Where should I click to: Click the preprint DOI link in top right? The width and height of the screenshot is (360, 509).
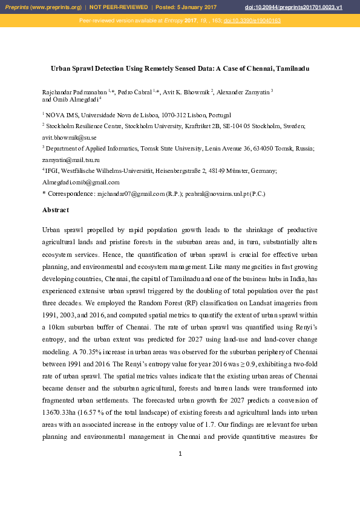point(310,7)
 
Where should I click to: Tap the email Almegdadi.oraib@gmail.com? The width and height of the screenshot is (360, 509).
point(80,182)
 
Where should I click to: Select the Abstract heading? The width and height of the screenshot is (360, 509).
point(56,210)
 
